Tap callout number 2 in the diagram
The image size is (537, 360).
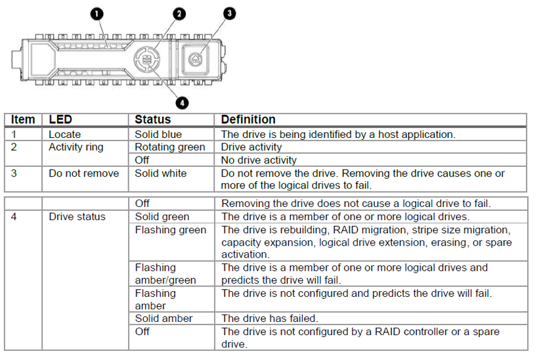pos(179,14)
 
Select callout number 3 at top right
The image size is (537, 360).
pos(229,13)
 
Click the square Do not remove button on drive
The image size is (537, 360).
pos(194,59)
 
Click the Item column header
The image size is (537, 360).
pos(23,120)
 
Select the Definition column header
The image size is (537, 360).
pos(248,120)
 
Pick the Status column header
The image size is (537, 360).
pos(152,120)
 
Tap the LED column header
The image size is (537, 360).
pos(60,120)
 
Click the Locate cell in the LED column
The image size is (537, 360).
pos(65,134)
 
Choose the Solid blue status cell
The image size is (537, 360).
pos(158,134)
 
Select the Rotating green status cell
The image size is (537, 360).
pos(170,147)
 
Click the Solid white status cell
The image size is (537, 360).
pos(161,173)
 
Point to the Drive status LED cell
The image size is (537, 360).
pos(77,217)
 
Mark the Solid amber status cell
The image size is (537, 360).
pos(163,319)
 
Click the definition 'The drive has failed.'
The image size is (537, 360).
pos(269,319)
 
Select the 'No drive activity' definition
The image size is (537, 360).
pos(259,160)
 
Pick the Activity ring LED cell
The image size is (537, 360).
pos(76,147)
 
